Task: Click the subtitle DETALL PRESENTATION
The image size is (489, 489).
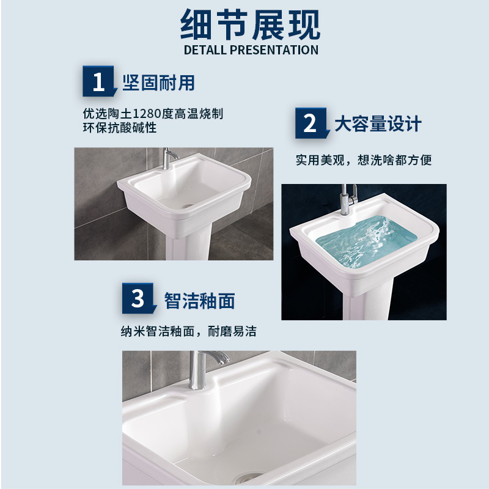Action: (x=251, y=50)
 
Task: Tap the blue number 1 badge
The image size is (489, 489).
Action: (x=98, y=82)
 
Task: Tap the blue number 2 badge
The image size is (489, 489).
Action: (x=311, y=124)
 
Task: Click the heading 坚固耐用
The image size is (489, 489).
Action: (x=159, y=83)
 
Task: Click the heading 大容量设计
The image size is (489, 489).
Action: (x=378, y=124)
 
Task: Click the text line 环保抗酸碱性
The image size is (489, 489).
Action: (x=120, y=128)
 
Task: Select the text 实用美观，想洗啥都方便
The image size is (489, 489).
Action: (x=364, y=160)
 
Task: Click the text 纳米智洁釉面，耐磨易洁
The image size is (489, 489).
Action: (x=188, y=332)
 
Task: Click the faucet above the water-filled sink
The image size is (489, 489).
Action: (x=346, y=198)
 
